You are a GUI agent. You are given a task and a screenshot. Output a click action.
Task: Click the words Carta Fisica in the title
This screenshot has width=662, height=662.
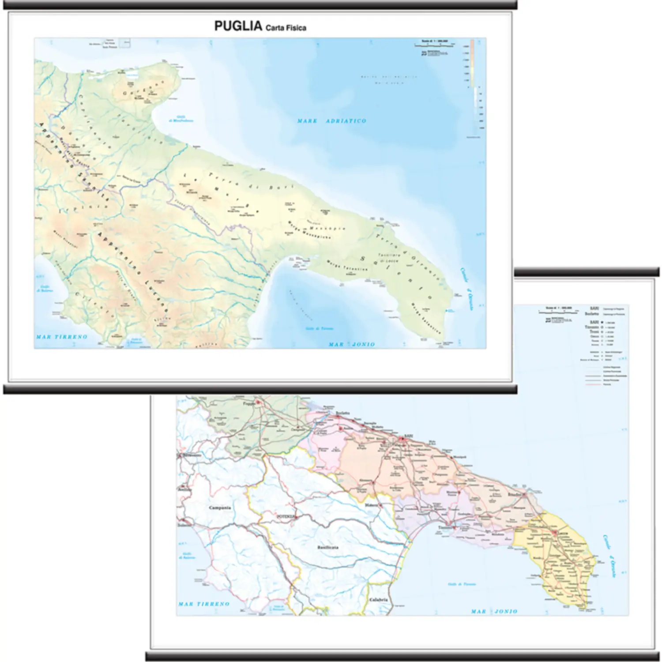click(286, 28)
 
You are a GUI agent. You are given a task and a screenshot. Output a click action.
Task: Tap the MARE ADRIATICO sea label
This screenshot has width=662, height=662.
click(331, 121)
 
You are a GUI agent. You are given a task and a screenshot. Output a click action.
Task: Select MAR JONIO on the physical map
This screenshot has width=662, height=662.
click(351, 344)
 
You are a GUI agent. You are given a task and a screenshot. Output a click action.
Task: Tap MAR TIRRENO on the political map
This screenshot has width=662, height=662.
click(203, 604)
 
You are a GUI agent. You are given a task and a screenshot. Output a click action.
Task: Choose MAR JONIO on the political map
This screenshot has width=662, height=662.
click(494, 611)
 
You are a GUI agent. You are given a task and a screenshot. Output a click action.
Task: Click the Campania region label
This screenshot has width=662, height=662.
click(220, 508)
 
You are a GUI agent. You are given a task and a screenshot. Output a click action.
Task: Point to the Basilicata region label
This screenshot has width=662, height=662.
click(327, 547)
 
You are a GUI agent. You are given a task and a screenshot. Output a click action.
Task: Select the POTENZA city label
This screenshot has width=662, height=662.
click(285, 515)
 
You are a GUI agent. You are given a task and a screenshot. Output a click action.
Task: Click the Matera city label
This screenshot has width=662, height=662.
click(371, 504)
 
